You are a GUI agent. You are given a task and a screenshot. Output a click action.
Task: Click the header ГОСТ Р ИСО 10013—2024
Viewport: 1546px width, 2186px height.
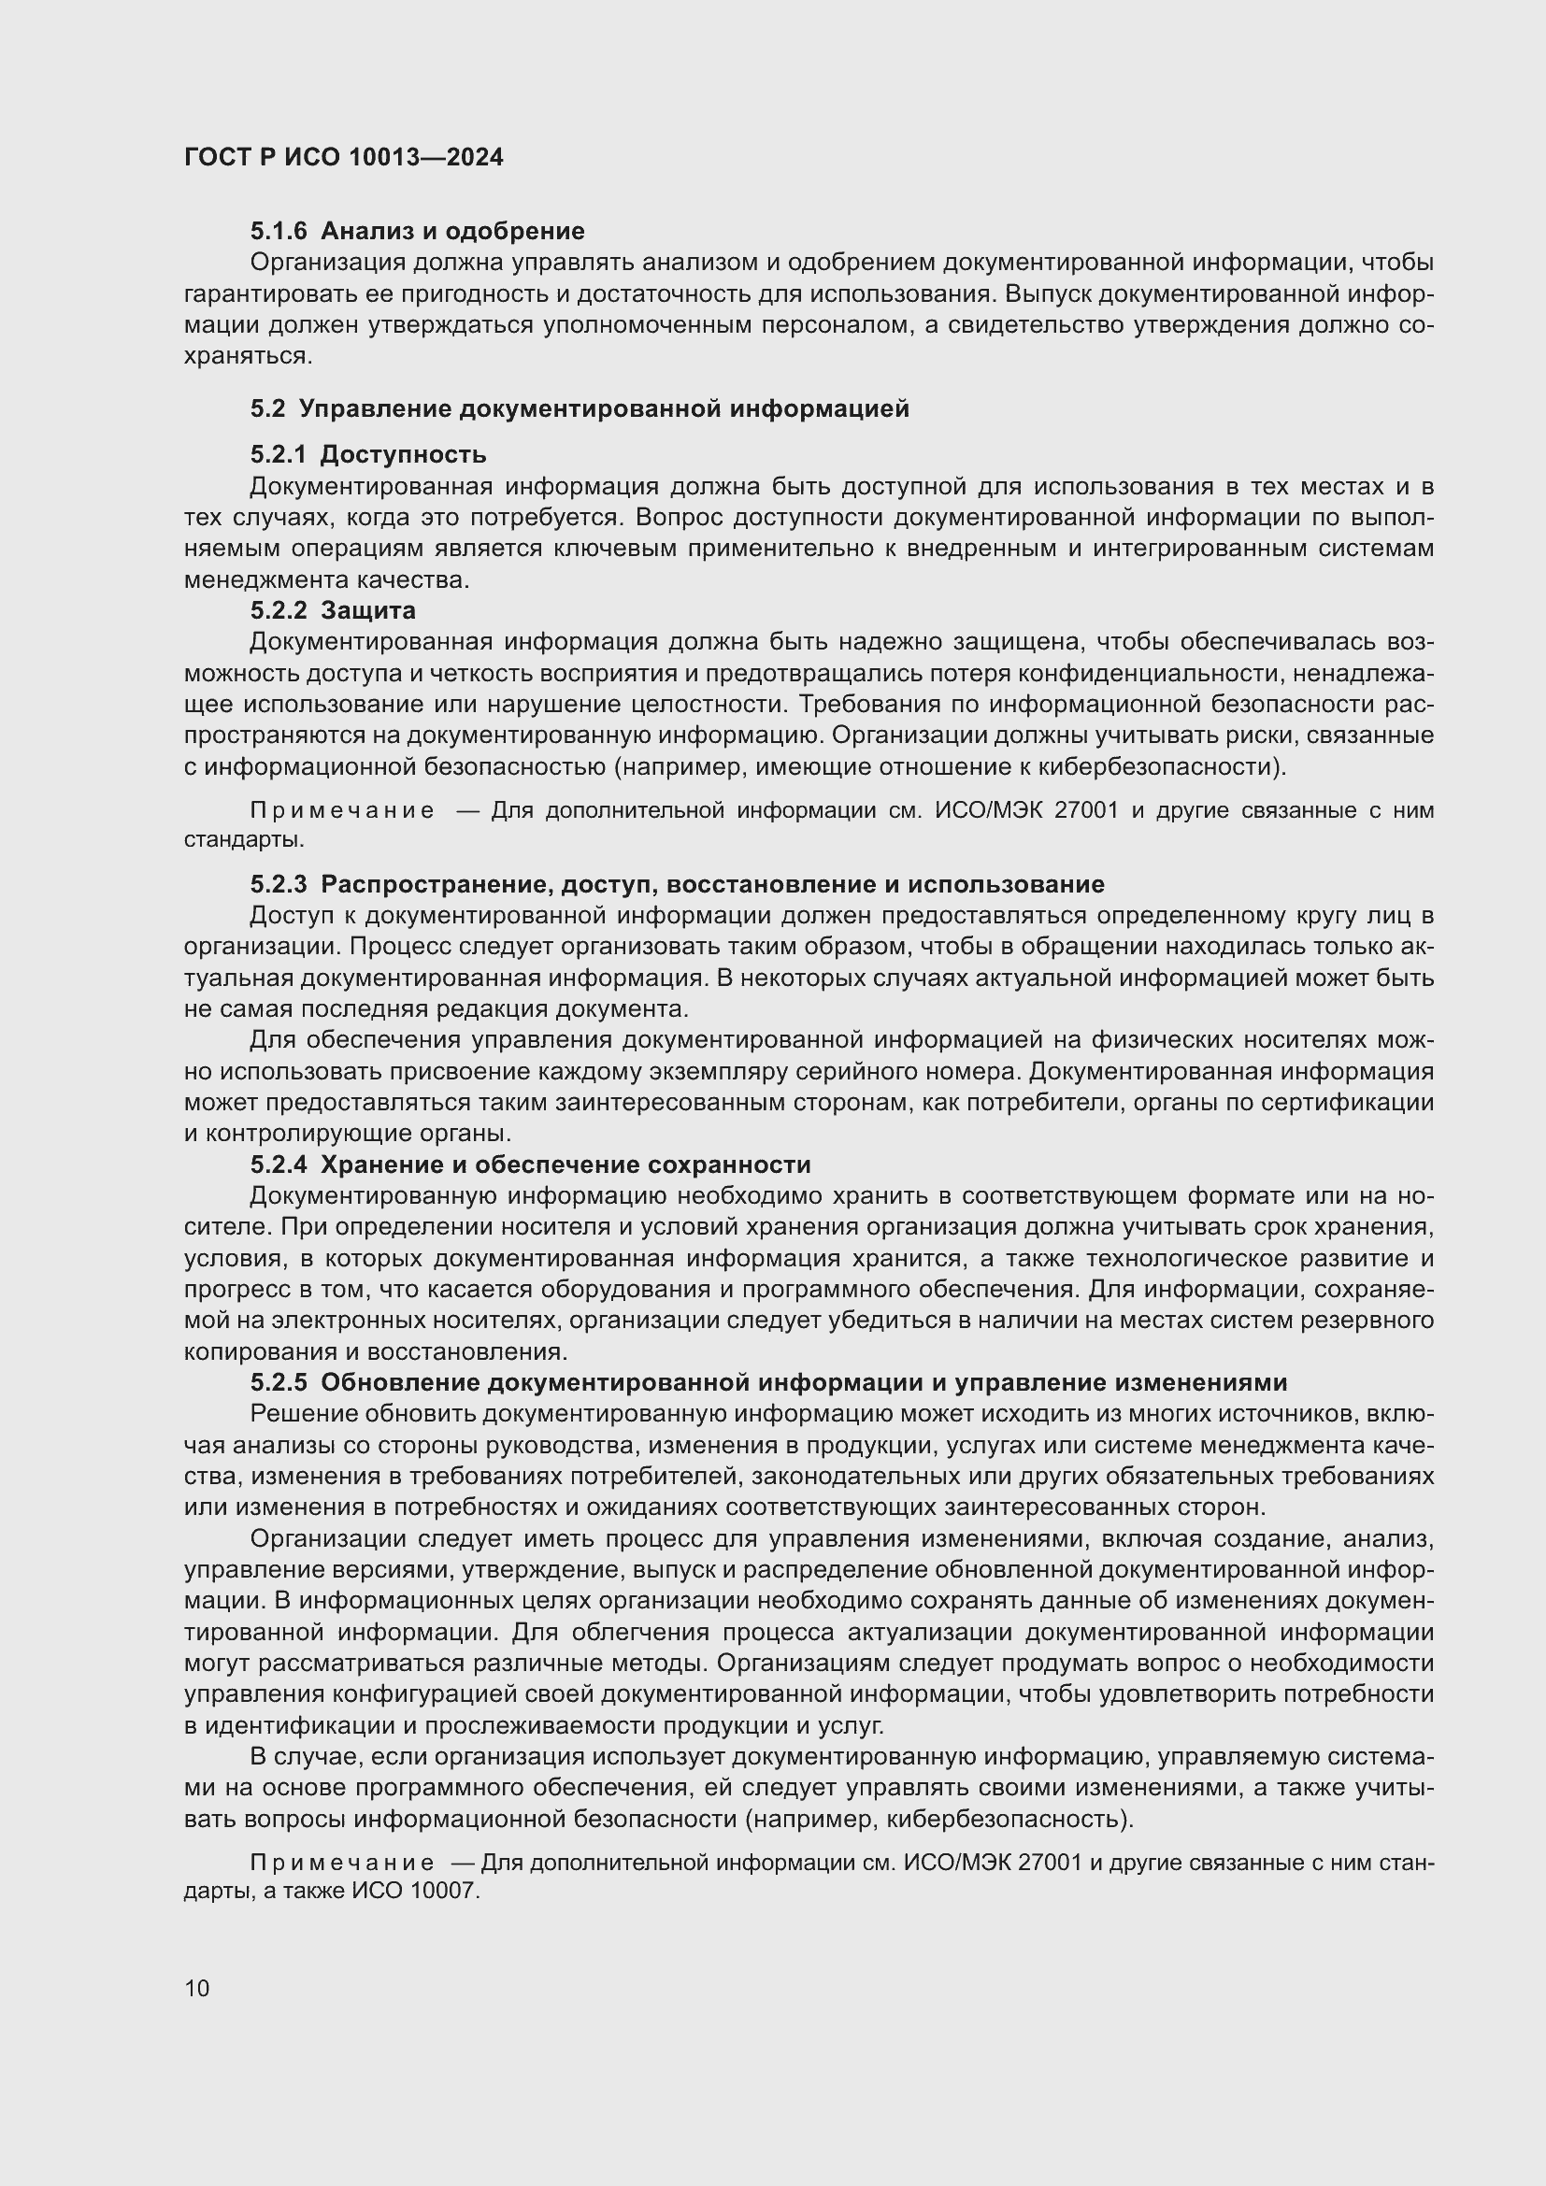click(x=344, y=157)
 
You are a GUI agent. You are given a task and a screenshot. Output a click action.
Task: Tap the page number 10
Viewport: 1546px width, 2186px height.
click(x=197, y=1988)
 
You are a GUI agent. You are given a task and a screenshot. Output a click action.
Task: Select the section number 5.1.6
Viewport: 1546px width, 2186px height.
click(x=279, y=232)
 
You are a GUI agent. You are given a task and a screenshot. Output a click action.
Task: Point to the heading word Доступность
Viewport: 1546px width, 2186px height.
click(x=403, y=454)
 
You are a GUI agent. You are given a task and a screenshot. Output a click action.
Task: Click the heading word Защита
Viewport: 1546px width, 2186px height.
click(x=367, y=609)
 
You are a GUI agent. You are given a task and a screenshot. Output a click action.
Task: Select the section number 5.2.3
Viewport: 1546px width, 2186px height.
click(x=279, y=884)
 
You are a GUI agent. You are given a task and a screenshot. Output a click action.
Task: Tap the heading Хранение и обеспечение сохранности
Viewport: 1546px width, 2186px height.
click(x=565, y=1164)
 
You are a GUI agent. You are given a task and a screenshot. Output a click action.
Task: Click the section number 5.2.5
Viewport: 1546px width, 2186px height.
click(x=279, y=1382)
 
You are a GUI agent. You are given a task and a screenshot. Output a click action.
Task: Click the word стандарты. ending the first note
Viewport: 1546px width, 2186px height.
click(x=245, y=840)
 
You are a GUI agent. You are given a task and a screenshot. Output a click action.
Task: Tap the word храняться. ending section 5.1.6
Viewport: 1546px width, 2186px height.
click(x=248, y=356)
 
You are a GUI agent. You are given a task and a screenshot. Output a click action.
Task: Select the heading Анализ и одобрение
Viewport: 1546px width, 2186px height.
click(x=452, y=232)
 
